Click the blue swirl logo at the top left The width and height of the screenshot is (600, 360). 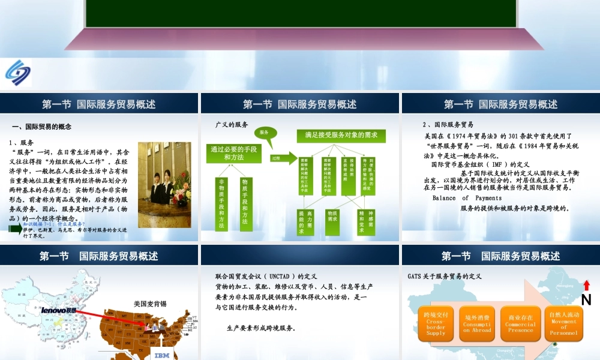click(18, 73)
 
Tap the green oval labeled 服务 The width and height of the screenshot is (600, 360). click(264, 132)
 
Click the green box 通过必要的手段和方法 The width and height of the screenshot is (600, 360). click(234, 153)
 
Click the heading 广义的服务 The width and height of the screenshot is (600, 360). click(232, 125)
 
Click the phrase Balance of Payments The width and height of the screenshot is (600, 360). click(467, 198)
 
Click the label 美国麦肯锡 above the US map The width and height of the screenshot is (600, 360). click(150, 304)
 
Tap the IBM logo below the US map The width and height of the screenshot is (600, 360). click(163, 355)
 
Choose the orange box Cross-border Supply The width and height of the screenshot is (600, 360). click(436, 324)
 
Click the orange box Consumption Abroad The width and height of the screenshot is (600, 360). click(478, 324)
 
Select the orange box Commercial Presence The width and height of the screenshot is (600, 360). click(520, 324)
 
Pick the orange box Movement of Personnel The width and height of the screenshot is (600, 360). click(563, 324)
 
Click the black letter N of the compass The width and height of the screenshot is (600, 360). click(586, 299)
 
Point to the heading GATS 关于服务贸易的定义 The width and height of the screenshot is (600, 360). click(445, 277)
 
